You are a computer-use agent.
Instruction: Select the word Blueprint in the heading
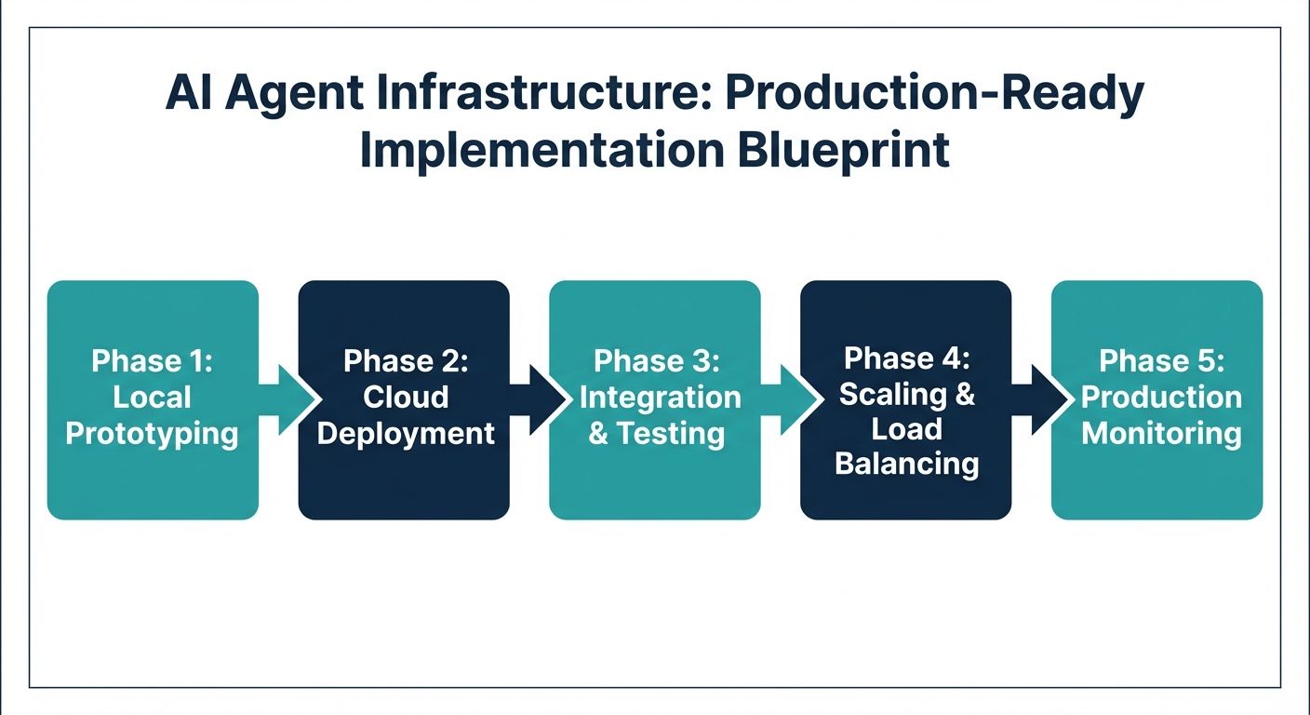click(844, 151)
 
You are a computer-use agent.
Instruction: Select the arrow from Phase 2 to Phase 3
click(540, 399)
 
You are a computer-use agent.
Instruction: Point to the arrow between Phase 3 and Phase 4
click(791, 399)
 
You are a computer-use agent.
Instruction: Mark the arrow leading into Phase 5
click(1042, 399)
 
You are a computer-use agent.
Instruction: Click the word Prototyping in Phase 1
click(153, 434)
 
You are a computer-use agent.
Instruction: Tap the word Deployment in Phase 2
click(406, 434)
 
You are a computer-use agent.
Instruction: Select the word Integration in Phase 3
click(661, 398)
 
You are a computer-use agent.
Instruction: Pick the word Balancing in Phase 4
click(906, 463)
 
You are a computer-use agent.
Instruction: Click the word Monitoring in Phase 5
click(1161, 434)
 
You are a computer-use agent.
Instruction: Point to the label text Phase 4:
click(906, 358)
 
